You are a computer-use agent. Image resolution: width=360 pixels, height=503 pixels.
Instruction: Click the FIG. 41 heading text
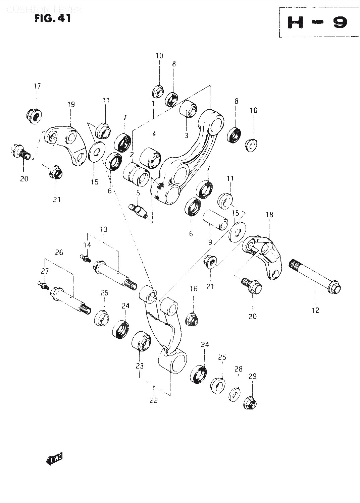click(x=52, y=18)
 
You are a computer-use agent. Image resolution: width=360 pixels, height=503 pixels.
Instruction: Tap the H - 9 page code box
click(x=317, y=22)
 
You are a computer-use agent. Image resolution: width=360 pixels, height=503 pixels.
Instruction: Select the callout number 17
click(x=37, y=86)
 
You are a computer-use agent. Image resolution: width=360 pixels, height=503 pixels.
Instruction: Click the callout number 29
click(x=252, y=376)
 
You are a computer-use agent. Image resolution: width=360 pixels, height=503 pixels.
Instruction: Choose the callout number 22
click(x=153, y=400)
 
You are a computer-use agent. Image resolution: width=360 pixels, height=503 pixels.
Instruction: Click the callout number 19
click(x=71, y=104)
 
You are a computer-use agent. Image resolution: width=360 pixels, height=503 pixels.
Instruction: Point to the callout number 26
click(x=59, y=253)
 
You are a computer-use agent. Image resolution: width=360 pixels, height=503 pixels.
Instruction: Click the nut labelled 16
click(x=192, y=318)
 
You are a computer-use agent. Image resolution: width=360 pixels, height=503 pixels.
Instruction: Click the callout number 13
click(x=103, y=229)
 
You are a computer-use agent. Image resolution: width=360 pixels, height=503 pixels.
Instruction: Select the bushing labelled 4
click(x=150, y=158)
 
